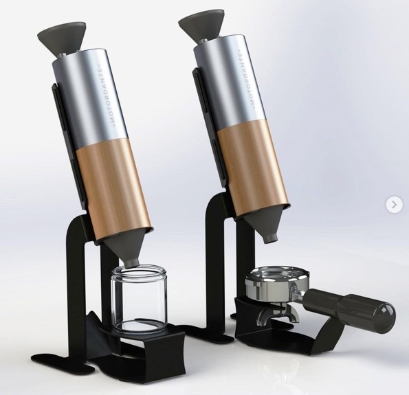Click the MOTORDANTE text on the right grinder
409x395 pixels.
[250, 78]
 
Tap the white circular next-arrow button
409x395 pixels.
[394, 204]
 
